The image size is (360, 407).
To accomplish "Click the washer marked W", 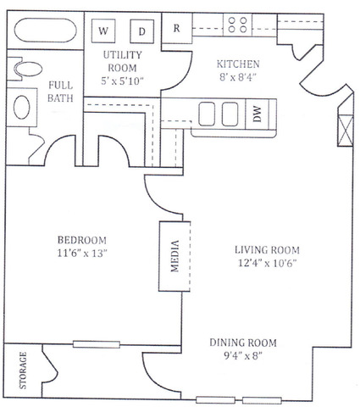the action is pos(103,31).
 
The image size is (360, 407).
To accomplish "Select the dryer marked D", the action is pos(142,31).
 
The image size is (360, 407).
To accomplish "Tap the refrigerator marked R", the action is pos(177,28).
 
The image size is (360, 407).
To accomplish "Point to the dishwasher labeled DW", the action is pos(258,114).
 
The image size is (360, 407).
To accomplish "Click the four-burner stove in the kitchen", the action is pos(238,25).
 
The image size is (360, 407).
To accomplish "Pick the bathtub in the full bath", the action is pos(46,31).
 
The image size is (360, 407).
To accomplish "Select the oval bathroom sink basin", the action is pos(22,107).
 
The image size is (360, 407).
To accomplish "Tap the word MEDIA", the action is pos(175,256).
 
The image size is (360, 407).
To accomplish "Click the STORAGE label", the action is pos(23,371).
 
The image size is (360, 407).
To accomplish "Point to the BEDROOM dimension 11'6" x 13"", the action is pos(82,254).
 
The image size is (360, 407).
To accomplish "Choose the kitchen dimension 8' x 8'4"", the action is pos(238,77).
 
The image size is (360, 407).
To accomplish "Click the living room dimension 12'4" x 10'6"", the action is pos(267,263).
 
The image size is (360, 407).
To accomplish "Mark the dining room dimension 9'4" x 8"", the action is pos(243,356).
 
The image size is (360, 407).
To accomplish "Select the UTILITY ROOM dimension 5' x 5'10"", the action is pos(122,81).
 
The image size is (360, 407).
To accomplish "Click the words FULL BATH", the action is pos(60,92).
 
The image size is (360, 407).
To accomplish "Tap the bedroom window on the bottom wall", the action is pos(97,344).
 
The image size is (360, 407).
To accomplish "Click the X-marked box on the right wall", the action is pos(346,131).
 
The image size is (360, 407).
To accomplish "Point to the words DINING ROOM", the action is pos(243,343).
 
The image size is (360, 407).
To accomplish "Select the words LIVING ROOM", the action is pos(267,250).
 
